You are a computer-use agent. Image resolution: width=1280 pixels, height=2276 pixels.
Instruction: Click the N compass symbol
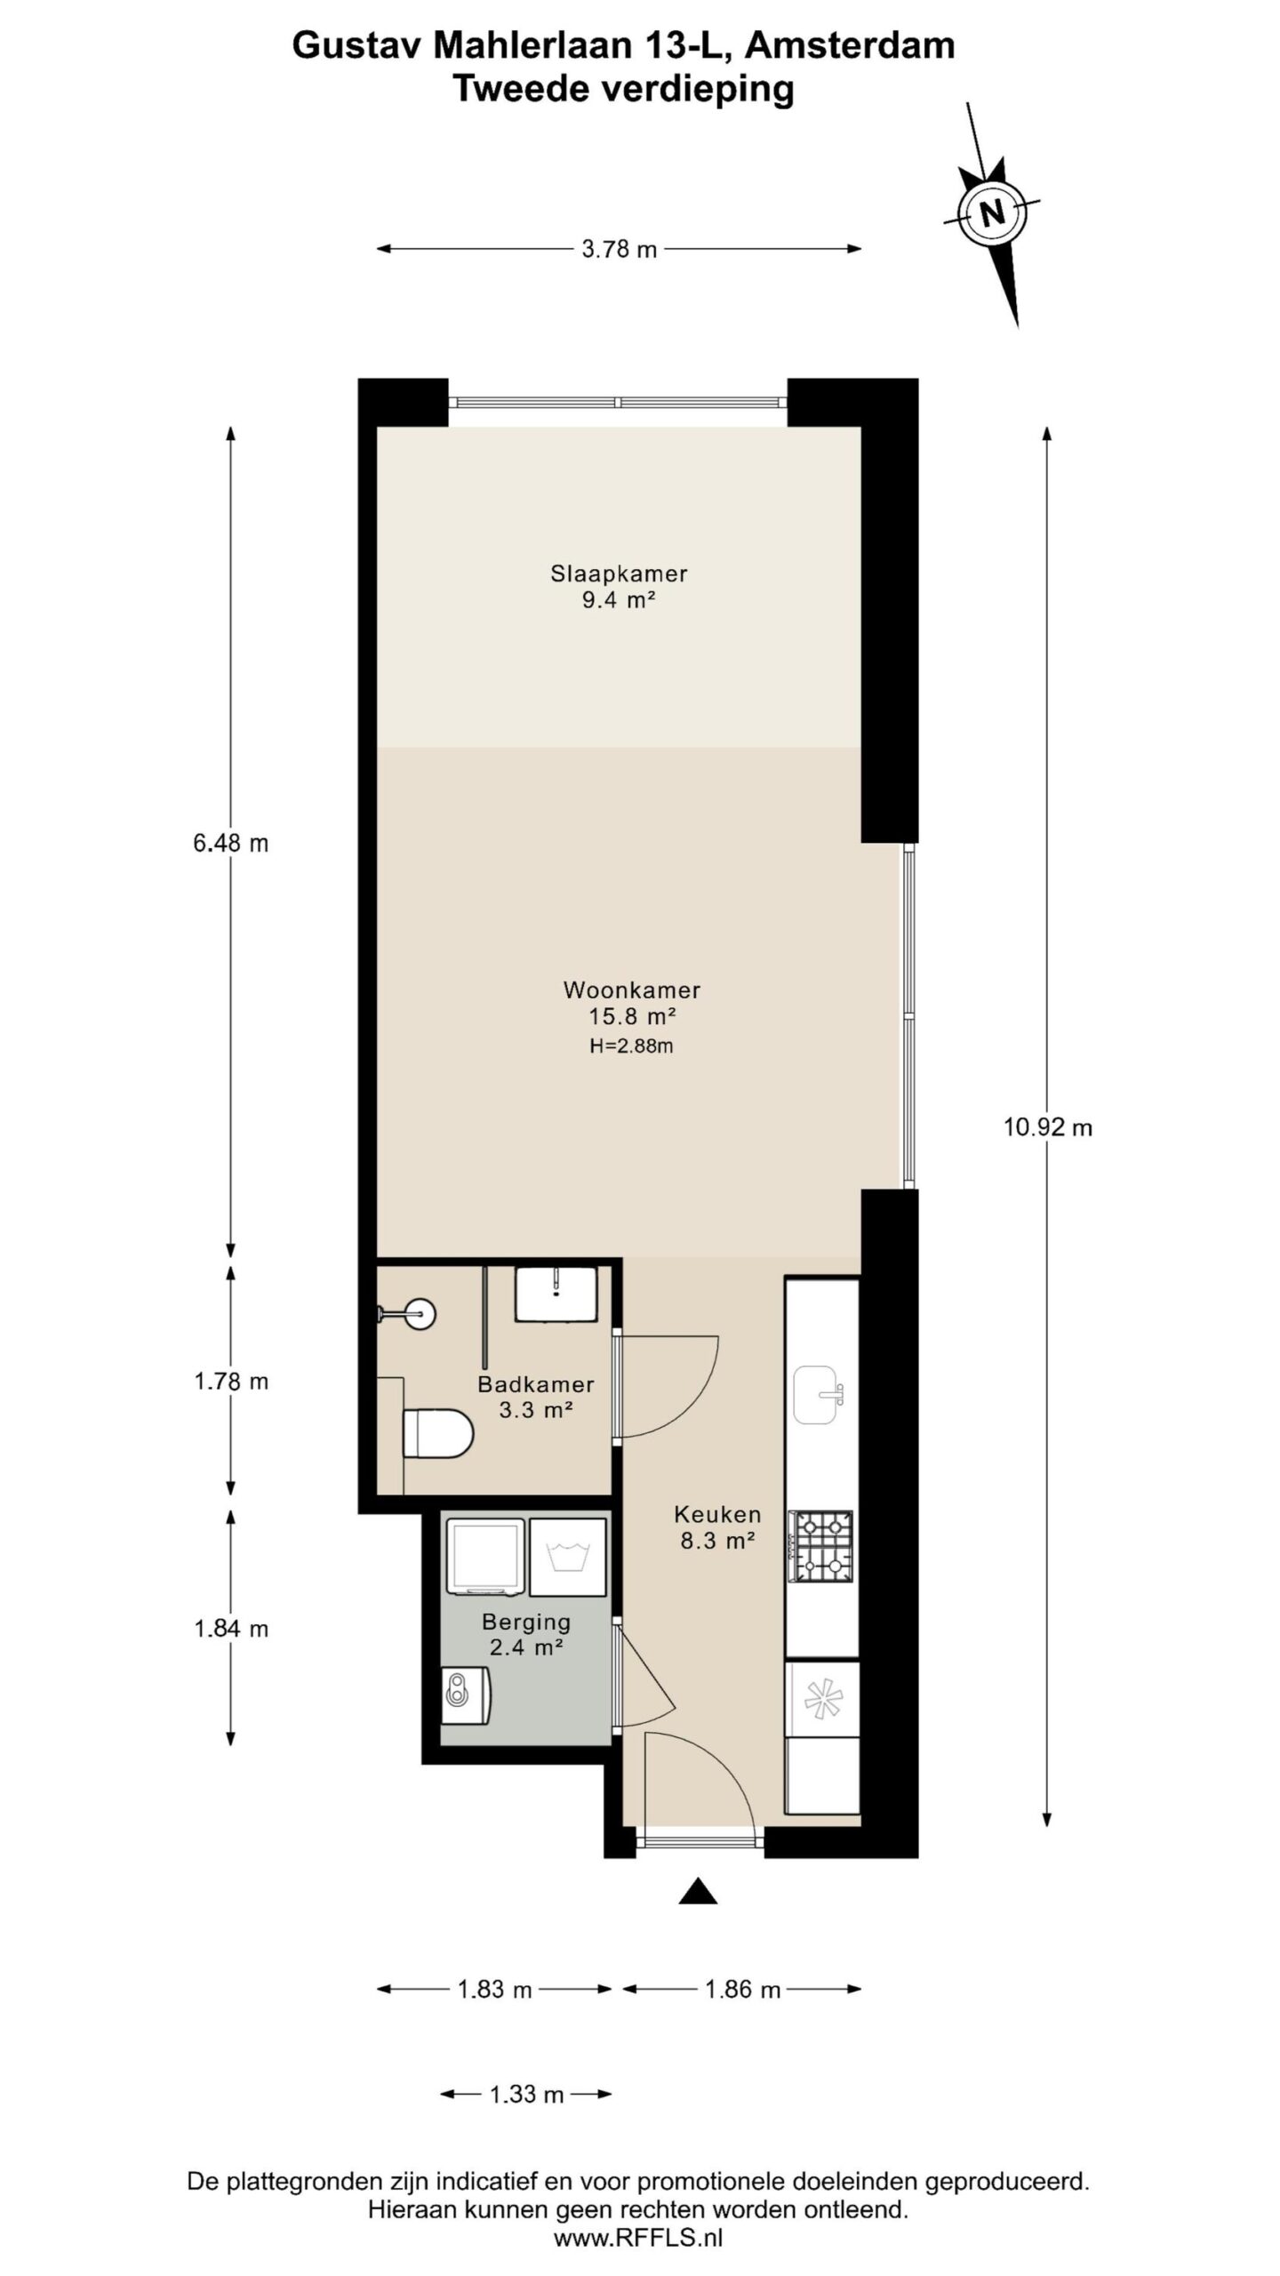click(x=991, y=213)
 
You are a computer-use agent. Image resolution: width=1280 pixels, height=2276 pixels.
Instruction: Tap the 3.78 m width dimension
click(x=619, y=250)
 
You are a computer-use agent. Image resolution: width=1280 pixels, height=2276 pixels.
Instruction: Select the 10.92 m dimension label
click(x=1048, y=1128)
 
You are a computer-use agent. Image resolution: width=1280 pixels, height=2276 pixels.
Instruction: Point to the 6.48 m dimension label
click(x=231, y=843)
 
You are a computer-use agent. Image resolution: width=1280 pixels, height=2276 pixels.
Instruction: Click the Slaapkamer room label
click(x=619, y=573)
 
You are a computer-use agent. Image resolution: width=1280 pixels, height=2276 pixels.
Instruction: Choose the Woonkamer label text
click(x=632, y=990)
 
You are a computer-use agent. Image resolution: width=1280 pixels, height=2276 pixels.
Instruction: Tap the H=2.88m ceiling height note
click(x=631, y=1046)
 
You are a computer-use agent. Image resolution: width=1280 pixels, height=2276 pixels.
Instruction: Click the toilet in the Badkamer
click(x=436, y=1433)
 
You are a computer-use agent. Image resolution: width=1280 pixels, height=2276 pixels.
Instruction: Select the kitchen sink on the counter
click(x=818, y=1395)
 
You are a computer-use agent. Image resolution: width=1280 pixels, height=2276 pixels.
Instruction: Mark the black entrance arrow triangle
click(x=698, y=1891)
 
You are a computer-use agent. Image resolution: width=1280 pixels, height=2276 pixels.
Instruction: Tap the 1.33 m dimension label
click(x=527, y=2094)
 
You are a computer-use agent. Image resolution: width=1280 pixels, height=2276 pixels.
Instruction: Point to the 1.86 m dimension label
click(x=742, y=1990)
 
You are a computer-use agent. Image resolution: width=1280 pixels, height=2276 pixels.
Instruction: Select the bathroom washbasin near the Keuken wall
click(x=556, y=1294)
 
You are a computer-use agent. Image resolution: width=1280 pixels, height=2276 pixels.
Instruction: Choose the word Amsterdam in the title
click(x=850, y=46)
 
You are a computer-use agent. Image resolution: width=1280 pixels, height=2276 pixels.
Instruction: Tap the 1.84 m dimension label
click(x=231, y=1628)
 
